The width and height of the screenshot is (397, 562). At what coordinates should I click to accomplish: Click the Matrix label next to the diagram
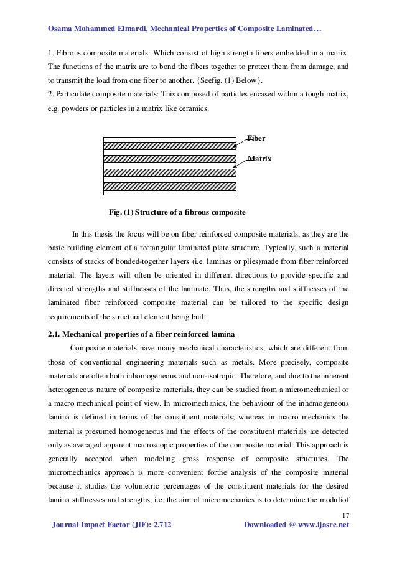(x=260, y=159)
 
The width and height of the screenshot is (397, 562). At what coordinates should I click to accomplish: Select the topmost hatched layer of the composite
(x=169, y=146)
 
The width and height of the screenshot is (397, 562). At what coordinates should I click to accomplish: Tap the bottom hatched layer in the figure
(x=169, y=186)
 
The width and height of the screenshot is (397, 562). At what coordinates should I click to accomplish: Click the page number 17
(x=346, y=515)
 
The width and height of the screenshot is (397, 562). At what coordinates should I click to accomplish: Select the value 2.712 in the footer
(x=159, y=525)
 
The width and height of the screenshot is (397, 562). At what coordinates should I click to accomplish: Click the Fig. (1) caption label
(x=122, y=212)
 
